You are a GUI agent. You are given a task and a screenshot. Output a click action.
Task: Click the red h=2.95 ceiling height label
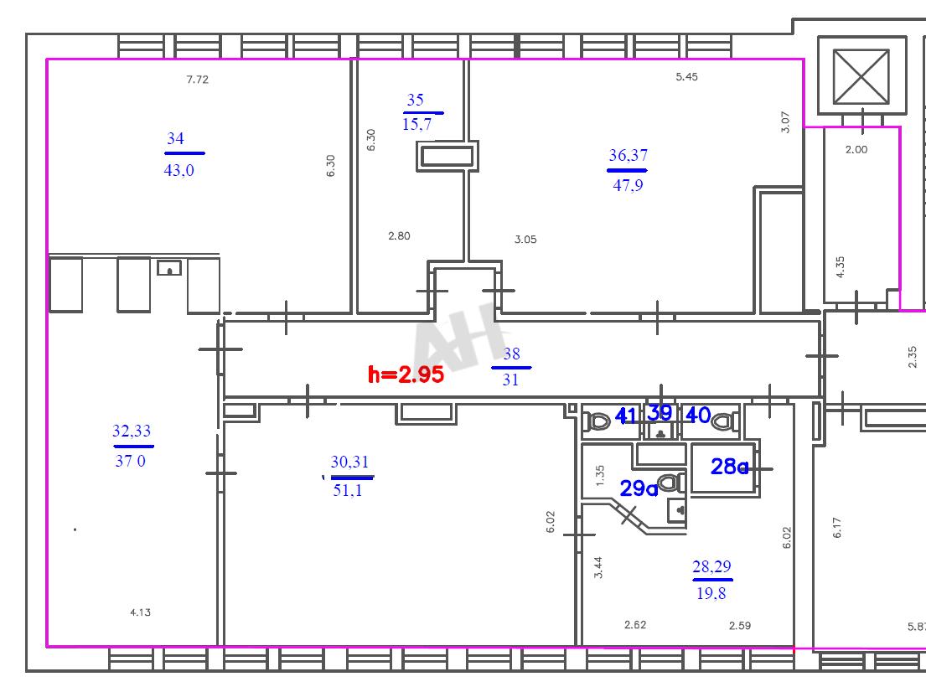point(406,374)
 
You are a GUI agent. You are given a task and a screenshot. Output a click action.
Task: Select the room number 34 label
point(175,139)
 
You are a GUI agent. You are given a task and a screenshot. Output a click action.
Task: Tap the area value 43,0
point(179,171)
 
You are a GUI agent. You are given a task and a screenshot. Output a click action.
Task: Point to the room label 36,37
point(628,155)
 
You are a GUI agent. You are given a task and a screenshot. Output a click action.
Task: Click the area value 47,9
point(628,185)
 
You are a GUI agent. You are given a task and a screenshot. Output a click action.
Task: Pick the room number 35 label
point(415,100)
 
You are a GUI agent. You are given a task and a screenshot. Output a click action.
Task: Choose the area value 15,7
point(417,125)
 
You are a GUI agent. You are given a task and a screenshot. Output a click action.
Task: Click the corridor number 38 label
point(511,354)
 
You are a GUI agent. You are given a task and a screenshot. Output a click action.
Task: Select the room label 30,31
point(349,462)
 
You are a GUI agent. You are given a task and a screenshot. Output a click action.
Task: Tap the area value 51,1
point(348,490)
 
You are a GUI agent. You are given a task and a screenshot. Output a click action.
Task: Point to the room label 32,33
point(132,431)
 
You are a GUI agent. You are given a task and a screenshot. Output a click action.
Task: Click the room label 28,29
point(711,566)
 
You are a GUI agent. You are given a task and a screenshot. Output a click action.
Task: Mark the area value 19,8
point(711,593)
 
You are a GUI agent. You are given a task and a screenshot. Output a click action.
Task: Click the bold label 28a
point(729,467)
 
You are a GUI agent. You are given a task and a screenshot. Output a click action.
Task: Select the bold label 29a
point(639,488)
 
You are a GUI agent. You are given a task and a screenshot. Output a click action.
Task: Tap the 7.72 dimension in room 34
point(197,79)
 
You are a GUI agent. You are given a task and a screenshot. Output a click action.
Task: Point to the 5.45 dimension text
point(687,77)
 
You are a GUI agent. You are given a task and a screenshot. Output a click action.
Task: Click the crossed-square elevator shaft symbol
point(861,76)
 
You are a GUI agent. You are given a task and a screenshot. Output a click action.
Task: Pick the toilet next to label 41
point(599,422)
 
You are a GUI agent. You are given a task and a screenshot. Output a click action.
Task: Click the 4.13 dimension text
point(141,612)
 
